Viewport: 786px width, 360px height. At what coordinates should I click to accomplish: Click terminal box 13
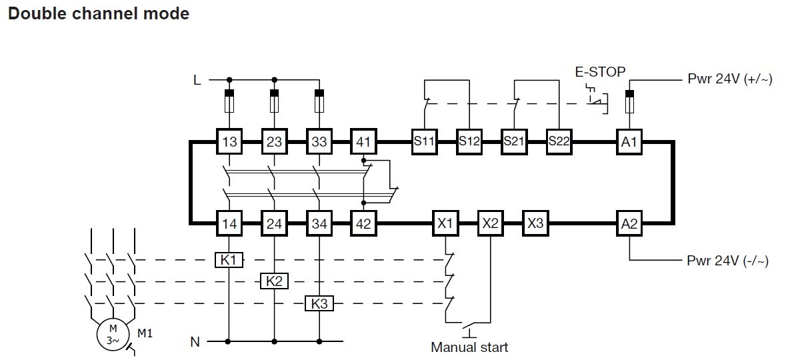[x=229, y=141]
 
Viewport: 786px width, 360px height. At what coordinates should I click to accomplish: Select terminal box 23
[x=274, y=141]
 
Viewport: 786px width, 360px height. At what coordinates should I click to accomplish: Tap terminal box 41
[x=363, y=141]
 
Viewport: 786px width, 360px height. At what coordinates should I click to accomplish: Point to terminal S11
[x=423, y=141]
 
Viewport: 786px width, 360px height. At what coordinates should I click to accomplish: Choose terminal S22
[x=558, y=141]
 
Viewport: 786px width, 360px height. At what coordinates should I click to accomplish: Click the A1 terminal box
[x=629, y=141]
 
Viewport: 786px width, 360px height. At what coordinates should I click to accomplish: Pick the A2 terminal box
[x=629, y=224]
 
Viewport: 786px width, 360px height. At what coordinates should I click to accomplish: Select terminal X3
[x=535, y=224]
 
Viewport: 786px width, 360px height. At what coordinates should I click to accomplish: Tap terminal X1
[x=445, y=224]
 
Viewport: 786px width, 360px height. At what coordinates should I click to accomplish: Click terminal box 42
[x=363, y=224]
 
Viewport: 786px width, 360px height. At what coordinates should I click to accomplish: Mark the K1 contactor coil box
[x=229, y=260]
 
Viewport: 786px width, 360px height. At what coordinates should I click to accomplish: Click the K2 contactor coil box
[x=274, y=281]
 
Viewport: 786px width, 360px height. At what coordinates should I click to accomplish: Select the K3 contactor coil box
[x=319, y=303]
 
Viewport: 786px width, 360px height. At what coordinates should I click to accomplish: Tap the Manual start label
[x=469, y=347]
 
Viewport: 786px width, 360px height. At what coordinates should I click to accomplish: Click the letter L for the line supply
[x=197, y=81]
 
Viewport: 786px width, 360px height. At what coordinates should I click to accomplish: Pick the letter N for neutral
[x=195, y=343]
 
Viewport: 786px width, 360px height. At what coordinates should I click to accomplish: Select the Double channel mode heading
[x=98, y=13]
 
